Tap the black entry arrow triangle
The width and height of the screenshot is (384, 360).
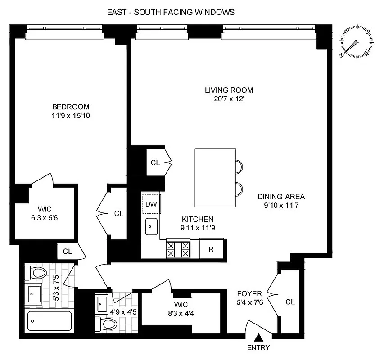(259, 337)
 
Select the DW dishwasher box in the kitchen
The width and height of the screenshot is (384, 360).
(151, 204)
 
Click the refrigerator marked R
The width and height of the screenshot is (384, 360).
(211, 249)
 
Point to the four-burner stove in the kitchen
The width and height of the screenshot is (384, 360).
(178, 249)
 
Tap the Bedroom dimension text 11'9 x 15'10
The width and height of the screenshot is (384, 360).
(71, 116)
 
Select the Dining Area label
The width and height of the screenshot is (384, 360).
(281, 197)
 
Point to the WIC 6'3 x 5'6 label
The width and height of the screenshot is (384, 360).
(44, 212)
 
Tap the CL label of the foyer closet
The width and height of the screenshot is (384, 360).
(290, 302)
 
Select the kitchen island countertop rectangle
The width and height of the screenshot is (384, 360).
(215, 177)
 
